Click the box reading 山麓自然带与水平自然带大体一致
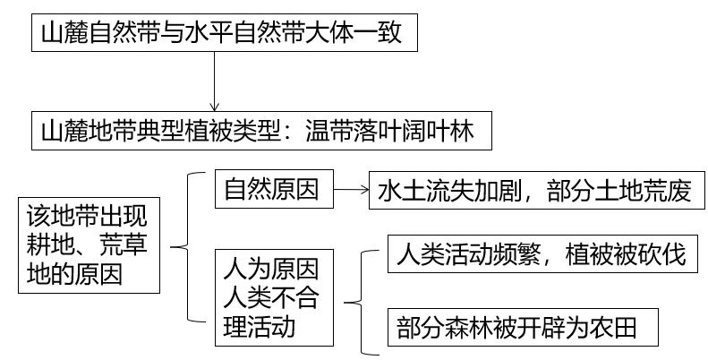pos(225,32)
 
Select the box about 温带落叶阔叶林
pos(261,131)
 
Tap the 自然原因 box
pos(274,189)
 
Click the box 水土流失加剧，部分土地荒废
pos(537,190)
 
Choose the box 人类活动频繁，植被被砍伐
pos(542,253)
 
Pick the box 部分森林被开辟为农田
pos(523,328)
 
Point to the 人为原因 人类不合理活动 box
pos(274,297)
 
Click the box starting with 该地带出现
pos(89,245)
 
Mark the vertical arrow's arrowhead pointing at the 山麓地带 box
pos(215,107)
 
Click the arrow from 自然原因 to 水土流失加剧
pos(351,190)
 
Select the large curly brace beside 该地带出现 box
pos(188,247)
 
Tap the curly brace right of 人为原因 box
pos(362,302)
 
